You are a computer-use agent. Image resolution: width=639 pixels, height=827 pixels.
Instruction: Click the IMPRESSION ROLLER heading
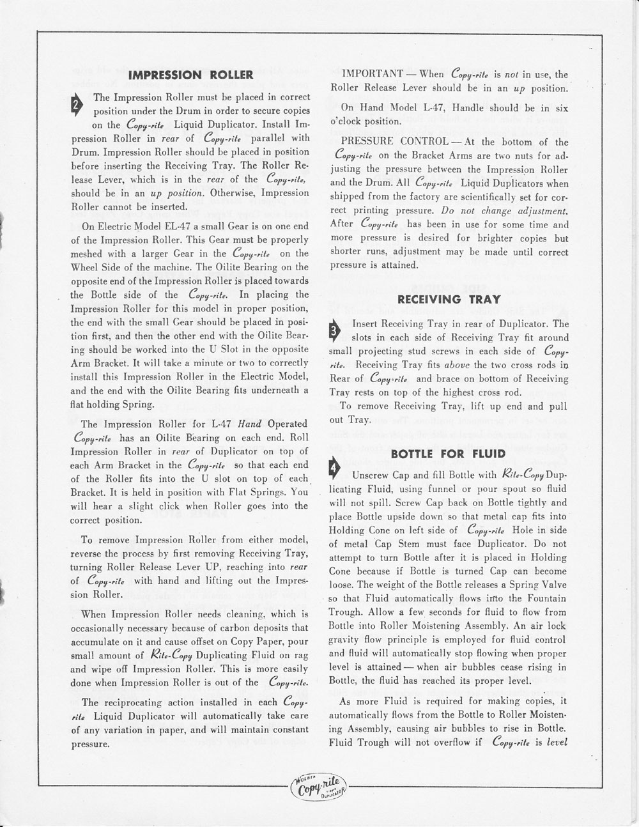(x=191, y=75)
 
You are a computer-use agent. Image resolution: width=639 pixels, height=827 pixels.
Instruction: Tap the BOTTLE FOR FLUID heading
(x=448, y=454)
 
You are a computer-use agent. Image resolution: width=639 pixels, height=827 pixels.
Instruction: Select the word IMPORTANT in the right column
(x=373, y=75)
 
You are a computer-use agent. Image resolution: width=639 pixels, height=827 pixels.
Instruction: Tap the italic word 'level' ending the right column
(x=553, y=743)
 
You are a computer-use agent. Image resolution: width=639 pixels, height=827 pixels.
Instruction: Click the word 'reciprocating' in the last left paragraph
(x=144, y=702)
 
